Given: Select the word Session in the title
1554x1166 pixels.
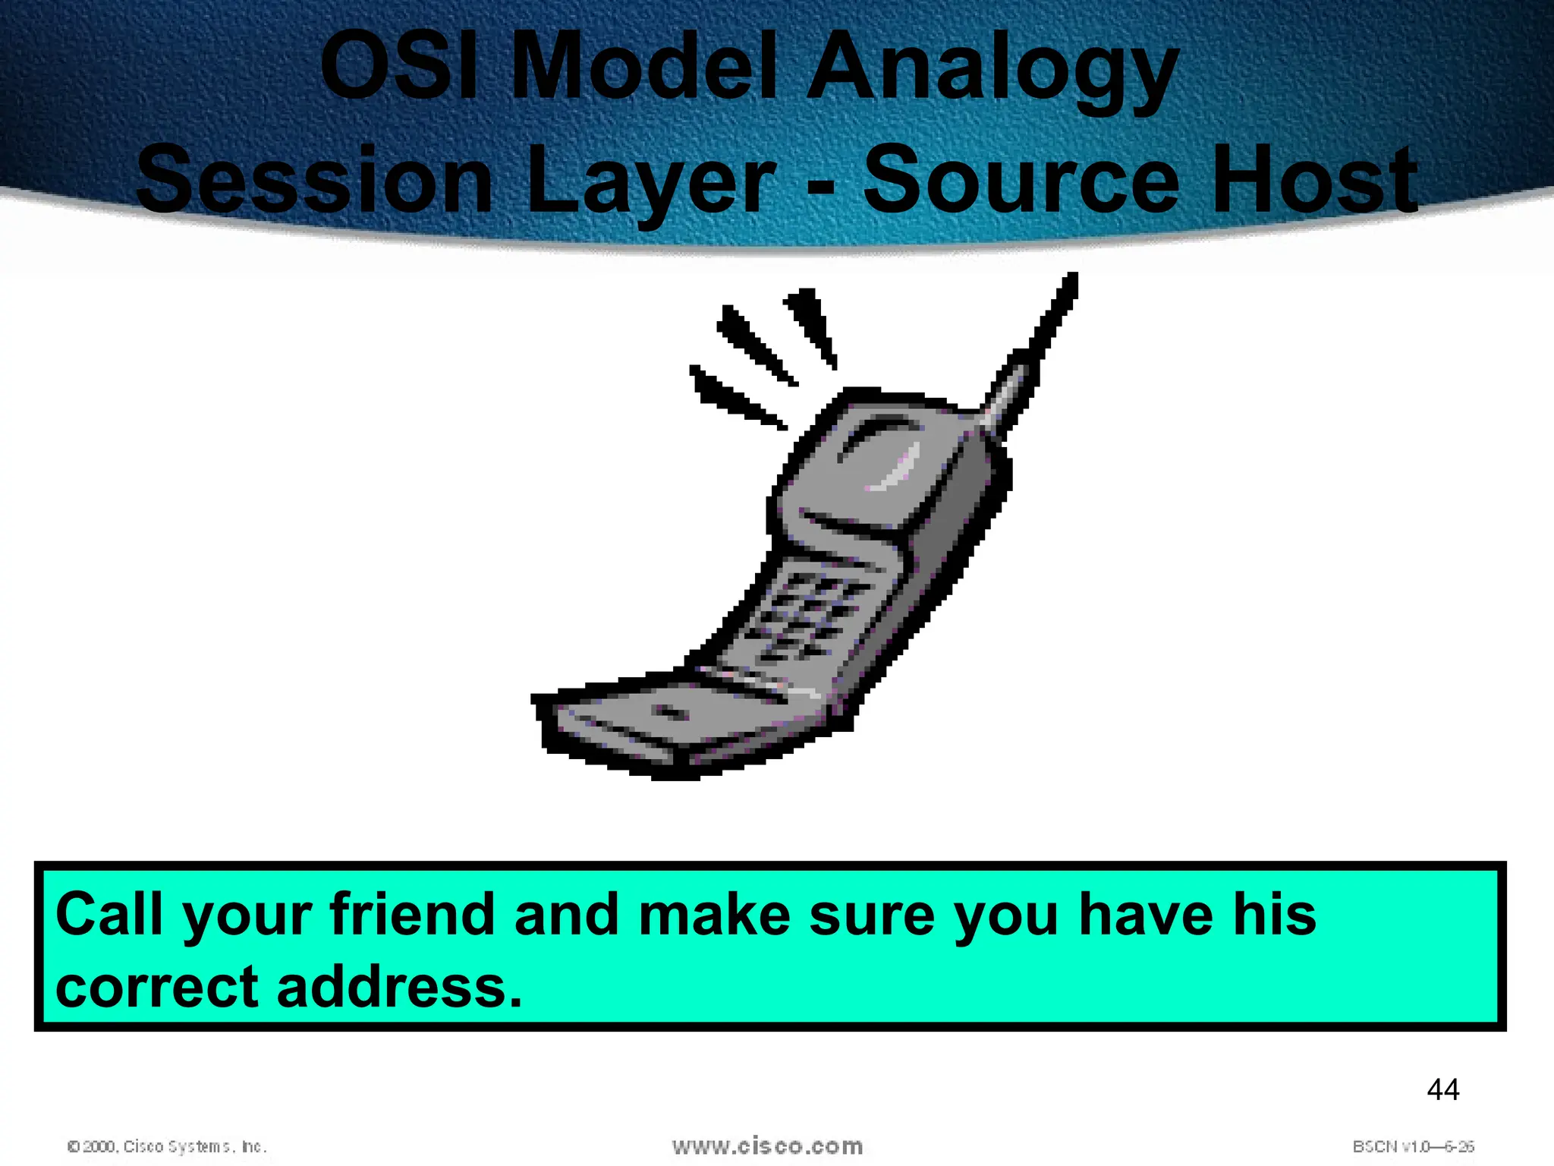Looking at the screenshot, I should pyautogui.click(x=314, y=181).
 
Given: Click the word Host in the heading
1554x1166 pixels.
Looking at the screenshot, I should pyautogui.click(x=1313, y=181).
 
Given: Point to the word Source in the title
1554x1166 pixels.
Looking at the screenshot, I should pyautogui.click(x=1021, y=181).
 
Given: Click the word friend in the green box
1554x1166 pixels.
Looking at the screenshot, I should pyautogui.click(x=414, y=915).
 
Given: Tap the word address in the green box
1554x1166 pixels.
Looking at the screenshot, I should pyautogui.click(x=399, y=987).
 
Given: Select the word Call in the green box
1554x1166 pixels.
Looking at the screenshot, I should pyautogui.click(x=109, y=915).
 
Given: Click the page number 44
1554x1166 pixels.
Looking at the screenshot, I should pyautogui.click(x=1442, y=1090).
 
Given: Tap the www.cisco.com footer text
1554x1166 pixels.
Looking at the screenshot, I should pyautogui.click(x=767, y=1146).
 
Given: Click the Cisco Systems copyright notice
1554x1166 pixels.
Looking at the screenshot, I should pyautogui.click(x=167, y=1146).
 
